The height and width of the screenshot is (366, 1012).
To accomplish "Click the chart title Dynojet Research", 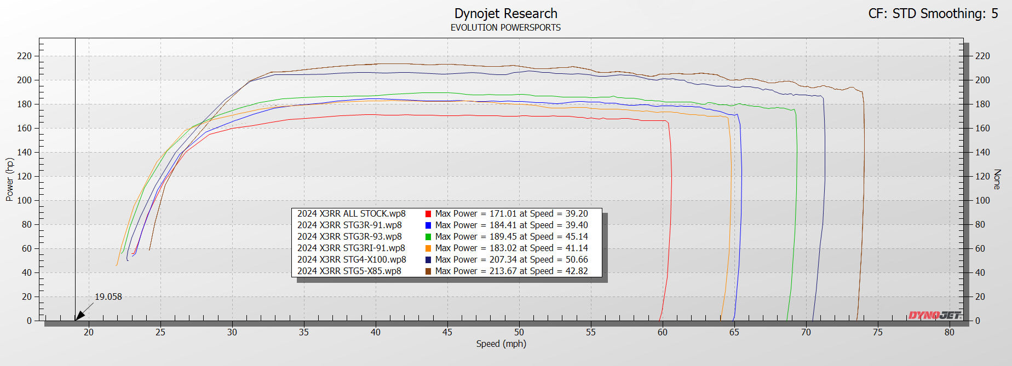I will point(505,14).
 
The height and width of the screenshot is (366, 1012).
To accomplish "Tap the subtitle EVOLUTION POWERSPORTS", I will point(505,27).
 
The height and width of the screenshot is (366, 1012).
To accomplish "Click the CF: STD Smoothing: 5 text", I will point(933,14).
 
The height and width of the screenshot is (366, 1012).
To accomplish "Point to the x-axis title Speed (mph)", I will point(501,344).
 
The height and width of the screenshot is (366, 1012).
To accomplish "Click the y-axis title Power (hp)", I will point(9,179).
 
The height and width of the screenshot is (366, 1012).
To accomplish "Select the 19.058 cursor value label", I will point(108,297).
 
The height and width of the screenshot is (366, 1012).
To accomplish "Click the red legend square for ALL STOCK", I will point(428,214).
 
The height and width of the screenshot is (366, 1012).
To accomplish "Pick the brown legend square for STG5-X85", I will point(428,271).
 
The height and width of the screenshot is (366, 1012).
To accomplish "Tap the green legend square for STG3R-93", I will point(428,237).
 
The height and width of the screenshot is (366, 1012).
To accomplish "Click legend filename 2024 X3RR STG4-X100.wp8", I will point(352,259).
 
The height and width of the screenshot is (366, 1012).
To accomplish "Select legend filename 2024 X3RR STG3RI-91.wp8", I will point(351,248).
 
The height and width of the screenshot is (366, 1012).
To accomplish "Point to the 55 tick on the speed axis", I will point(590,332).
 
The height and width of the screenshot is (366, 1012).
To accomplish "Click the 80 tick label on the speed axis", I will point(949,332).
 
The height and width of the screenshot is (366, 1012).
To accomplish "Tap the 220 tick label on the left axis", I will point(24,56).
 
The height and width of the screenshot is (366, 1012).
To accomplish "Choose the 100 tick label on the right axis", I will point(982,200).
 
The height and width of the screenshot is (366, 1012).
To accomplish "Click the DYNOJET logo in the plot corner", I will point(934,315).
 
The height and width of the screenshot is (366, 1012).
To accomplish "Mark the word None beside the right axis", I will point(997,179).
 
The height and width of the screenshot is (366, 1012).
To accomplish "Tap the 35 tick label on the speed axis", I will point(303,332).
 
